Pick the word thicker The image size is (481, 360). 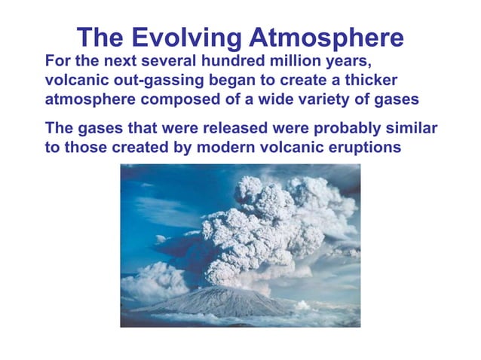point(368,80)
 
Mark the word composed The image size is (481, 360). point(172,100)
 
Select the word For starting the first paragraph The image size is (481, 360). point(58,60)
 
